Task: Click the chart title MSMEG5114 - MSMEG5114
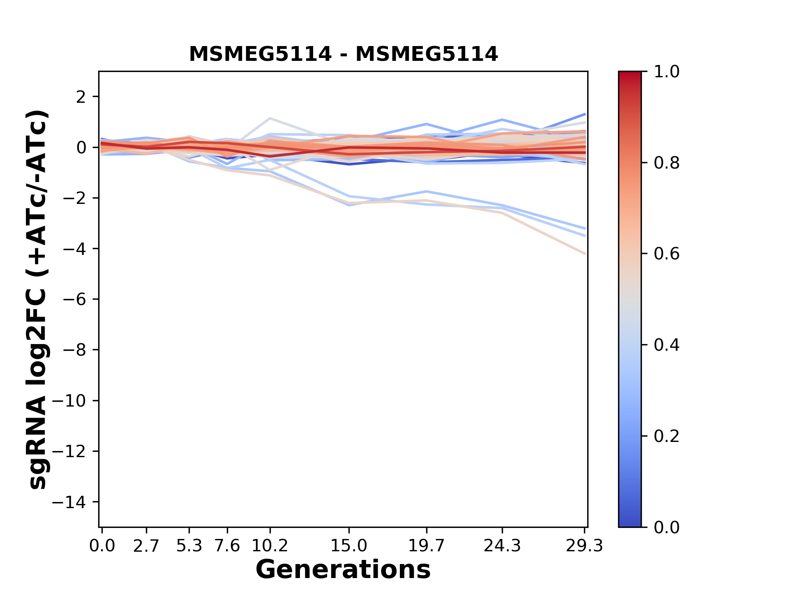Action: click(343, 54)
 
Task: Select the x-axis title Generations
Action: click(343, 570)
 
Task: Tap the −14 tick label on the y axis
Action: click(69, 502)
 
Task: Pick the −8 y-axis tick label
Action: click(74, 350)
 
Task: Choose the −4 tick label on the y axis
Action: click(74, 249)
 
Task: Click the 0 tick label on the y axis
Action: click(81, 148)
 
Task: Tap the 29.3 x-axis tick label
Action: click(584, 546)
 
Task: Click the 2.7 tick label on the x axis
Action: click(146, 546)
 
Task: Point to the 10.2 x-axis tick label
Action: click(270, 546)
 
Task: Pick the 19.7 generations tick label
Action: click(426, 546)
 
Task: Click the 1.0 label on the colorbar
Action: click(667, 72)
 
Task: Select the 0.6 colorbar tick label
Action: click(667, 254)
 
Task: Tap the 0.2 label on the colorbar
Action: click(667, 436)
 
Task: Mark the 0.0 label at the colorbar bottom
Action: click(667, 527)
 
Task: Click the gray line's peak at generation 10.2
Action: click(270, 118)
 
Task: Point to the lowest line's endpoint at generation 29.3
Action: click(585, 254)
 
